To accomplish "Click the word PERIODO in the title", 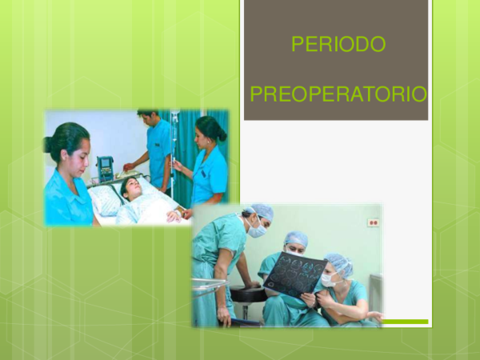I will coord(338,45).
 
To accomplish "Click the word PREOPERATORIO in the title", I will coord(338,95).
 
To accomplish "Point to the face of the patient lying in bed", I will coord(133,190).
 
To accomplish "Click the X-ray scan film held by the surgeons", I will coord(295,276).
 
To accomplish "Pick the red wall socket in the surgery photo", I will coord(373,222).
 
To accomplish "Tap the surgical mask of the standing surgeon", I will coord(257,230).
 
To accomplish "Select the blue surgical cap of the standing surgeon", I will coord(262,211).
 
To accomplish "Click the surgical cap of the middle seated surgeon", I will coord(297,238).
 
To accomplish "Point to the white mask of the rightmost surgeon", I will coord(328,280).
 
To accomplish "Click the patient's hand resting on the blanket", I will coord(174,215).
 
